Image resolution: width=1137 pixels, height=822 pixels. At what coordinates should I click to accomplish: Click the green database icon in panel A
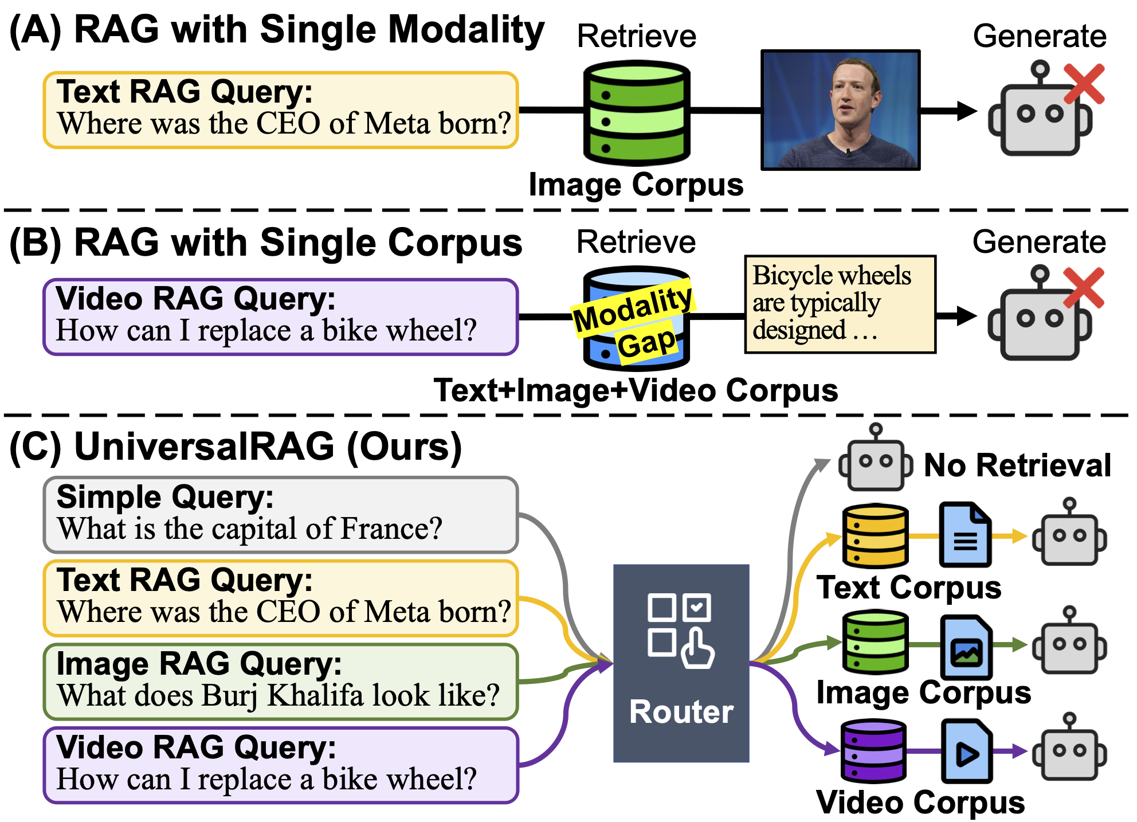[x=636, y=113]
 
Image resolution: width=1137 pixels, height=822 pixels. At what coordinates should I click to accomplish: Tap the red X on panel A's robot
[x=1084, y=84]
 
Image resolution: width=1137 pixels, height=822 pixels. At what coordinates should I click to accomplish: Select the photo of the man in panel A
[x=840, y=110]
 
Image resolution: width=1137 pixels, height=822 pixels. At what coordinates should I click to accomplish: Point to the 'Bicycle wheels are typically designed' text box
[x=840, y=304]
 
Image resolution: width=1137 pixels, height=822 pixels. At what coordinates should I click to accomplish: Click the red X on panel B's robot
[x=1083, y=288]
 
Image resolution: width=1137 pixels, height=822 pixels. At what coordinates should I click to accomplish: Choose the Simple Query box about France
[x=281, y=514]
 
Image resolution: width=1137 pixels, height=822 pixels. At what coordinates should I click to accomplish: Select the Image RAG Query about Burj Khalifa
[x=281, y=681]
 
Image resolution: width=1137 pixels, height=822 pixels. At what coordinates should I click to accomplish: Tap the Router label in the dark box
[x=681, y=712]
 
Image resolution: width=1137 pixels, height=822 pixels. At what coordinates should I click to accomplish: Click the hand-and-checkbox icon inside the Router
[x=681, y=631]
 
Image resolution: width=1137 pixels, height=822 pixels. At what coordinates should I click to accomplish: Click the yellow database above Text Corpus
[x=875, y=536]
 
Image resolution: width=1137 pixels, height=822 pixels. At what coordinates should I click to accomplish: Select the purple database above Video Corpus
[x=873, y=751]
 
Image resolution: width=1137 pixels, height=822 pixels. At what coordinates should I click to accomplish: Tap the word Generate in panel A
[x=1040, y=36]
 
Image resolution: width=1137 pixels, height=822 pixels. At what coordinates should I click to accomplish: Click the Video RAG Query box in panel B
[x=281, y=316]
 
